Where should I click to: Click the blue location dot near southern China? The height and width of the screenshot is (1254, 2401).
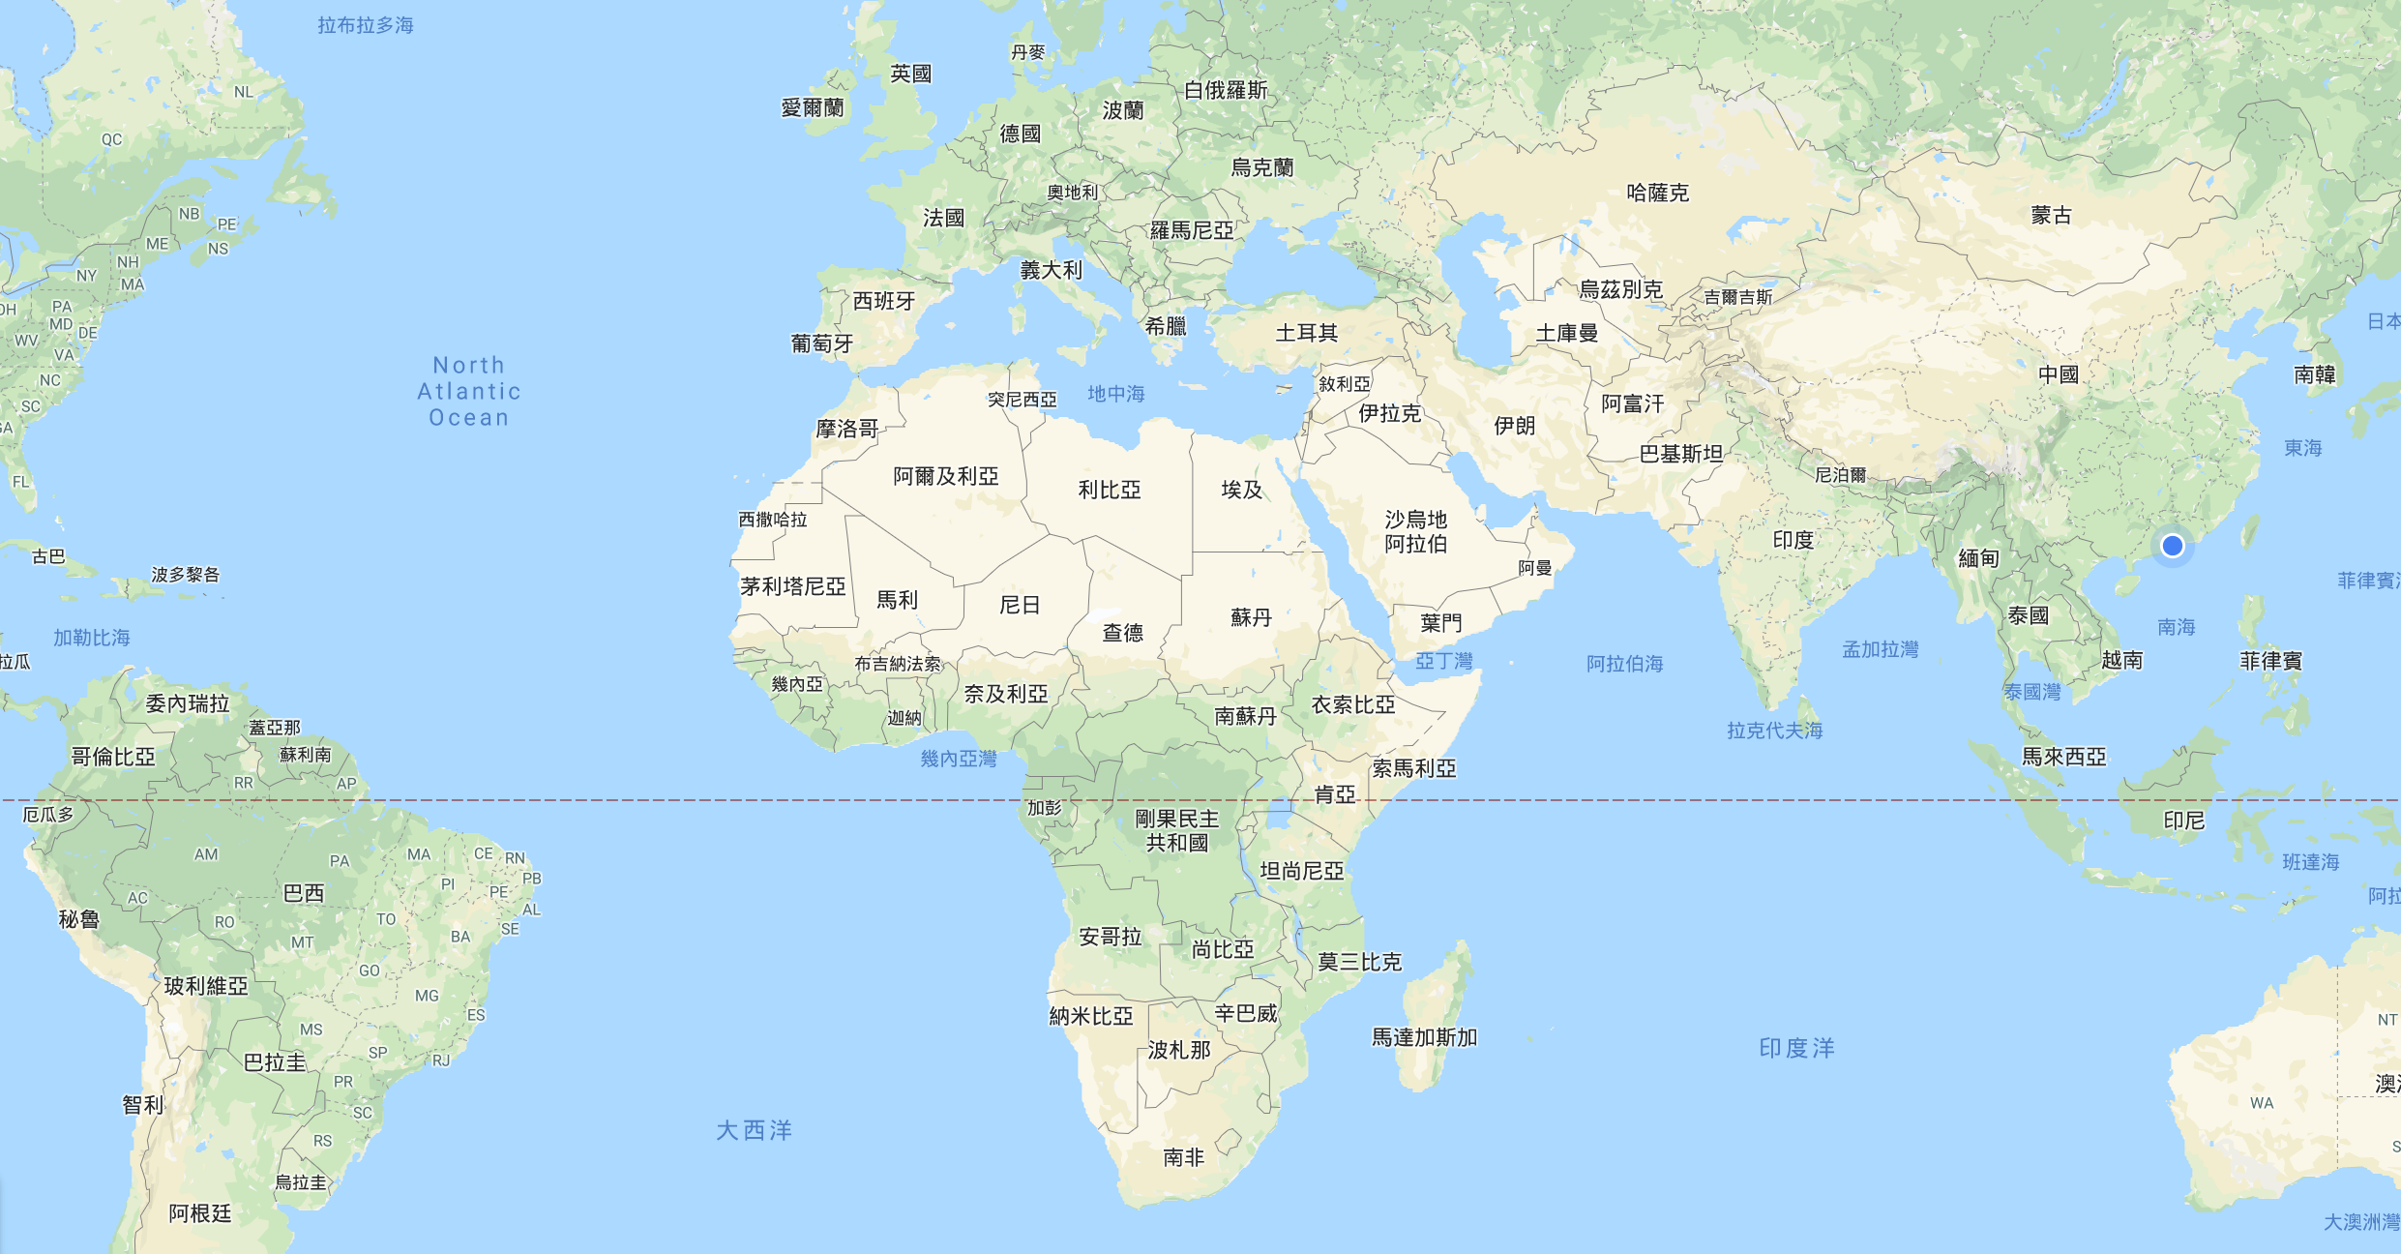coord(2172,546)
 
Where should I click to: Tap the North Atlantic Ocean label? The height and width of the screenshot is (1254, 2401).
coord(469,391)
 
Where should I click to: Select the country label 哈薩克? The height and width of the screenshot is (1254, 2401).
coord(1657,193)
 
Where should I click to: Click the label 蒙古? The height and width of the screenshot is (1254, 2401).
coord(2051,215)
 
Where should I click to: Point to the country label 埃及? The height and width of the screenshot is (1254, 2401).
coord(1241,490)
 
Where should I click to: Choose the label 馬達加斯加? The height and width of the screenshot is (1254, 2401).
coord(1424,1037)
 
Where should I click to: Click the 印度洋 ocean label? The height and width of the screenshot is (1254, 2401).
coord(1796,1048)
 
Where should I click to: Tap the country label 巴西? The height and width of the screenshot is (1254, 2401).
coord(303,893)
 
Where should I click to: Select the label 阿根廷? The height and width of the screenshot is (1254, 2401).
coord(200,1213)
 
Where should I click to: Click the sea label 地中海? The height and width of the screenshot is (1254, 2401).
coord(1115,394)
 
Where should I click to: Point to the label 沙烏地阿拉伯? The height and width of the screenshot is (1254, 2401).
coord(1415,531)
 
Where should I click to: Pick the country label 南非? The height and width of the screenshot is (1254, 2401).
coord(1183,1157)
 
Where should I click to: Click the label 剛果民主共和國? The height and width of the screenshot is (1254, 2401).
coord(1176,830)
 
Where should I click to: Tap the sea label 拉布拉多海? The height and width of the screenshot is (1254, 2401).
coord(365,25)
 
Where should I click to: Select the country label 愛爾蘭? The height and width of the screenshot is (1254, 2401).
coord(812,107)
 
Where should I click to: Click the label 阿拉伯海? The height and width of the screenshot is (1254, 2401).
coord(1624,664)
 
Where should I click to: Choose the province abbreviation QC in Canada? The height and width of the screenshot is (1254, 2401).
coord(112,139)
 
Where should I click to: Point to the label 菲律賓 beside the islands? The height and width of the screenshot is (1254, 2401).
coord(2270,661)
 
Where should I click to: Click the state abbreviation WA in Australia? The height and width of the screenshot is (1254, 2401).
coord(2262,1103)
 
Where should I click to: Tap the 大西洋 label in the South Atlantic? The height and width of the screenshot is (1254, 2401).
coord(754,1130)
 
